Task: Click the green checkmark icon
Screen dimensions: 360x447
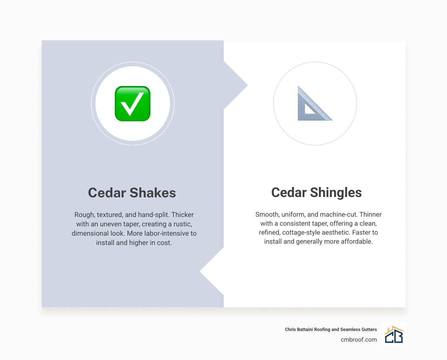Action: click(132, 104)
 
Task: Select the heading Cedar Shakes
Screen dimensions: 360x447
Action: click(132, 193)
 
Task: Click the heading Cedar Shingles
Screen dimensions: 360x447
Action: click(316, 192)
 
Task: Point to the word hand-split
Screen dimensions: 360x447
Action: click(153, 215)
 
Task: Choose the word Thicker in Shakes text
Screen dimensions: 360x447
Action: click(182, 215)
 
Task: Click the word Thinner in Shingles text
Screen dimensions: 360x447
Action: click(370, 214)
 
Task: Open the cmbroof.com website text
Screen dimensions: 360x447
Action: click(359, 340)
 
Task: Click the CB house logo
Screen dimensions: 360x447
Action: click(394, 334)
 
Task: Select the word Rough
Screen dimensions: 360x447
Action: click(84, 215)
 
